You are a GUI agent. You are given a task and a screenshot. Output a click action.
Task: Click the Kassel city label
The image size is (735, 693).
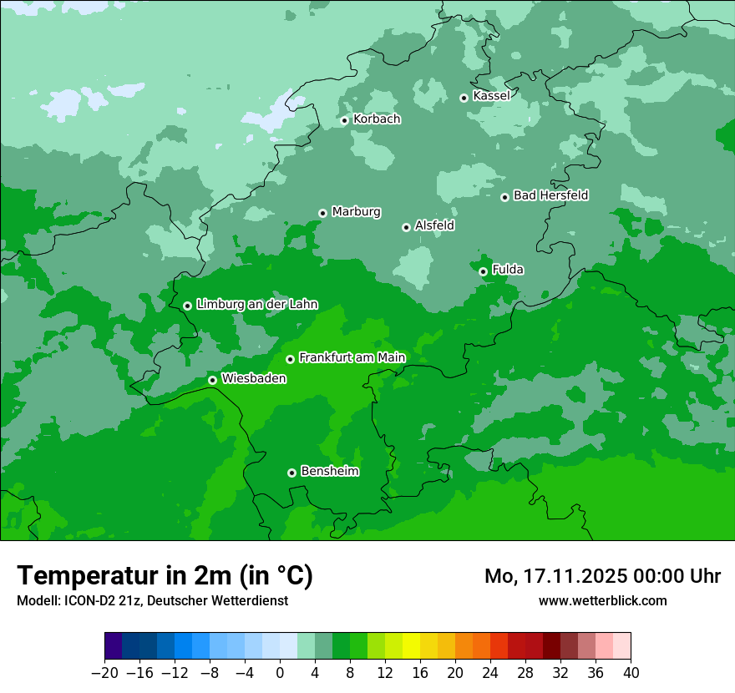pos(491,96)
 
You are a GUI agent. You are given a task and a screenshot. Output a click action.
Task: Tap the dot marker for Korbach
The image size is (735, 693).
pos(344,120)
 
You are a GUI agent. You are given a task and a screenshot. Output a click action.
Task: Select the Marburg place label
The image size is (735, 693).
pos(356,212)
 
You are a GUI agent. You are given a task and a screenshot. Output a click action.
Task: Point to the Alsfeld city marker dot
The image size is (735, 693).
pos(406,227)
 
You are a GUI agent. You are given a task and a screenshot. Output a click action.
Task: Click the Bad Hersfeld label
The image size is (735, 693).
pos(550,195)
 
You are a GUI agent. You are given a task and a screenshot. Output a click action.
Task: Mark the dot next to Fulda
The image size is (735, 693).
pos(483,271)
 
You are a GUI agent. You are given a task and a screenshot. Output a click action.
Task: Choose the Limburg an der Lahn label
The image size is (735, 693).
pos(256,305)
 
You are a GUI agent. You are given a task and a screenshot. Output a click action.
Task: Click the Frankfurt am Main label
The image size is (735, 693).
pos(352,358)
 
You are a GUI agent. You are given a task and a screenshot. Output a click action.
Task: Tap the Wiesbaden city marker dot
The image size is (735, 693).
pos(212,380)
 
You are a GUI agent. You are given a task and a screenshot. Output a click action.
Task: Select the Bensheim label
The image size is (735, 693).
pos(329,472)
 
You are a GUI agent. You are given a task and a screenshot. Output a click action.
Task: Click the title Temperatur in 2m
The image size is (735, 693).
pos(165,576)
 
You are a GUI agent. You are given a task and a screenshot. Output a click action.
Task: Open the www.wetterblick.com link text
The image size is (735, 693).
pos(602,601)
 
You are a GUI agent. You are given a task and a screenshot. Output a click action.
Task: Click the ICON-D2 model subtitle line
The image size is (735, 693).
pos(152,601)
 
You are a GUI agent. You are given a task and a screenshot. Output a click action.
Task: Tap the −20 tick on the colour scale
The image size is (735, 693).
pos(104,673)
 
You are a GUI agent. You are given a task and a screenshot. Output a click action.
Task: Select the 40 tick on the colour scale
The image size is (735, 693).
pos(631,673)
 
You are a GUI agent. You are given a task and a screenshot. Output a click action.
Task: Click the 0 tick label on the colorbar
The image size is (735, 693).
pos(280,673)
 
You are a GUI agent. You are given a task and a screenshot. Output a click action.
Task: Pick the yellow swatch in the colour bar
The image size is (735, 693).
pos(411,646)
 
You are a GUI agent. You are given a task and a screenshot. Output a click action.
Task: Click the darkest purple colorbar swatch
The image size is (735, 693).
pos(114,646)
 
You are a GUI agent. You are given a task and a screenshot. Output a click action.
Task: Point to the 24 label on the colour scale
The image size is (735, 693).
pos(490,673)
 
